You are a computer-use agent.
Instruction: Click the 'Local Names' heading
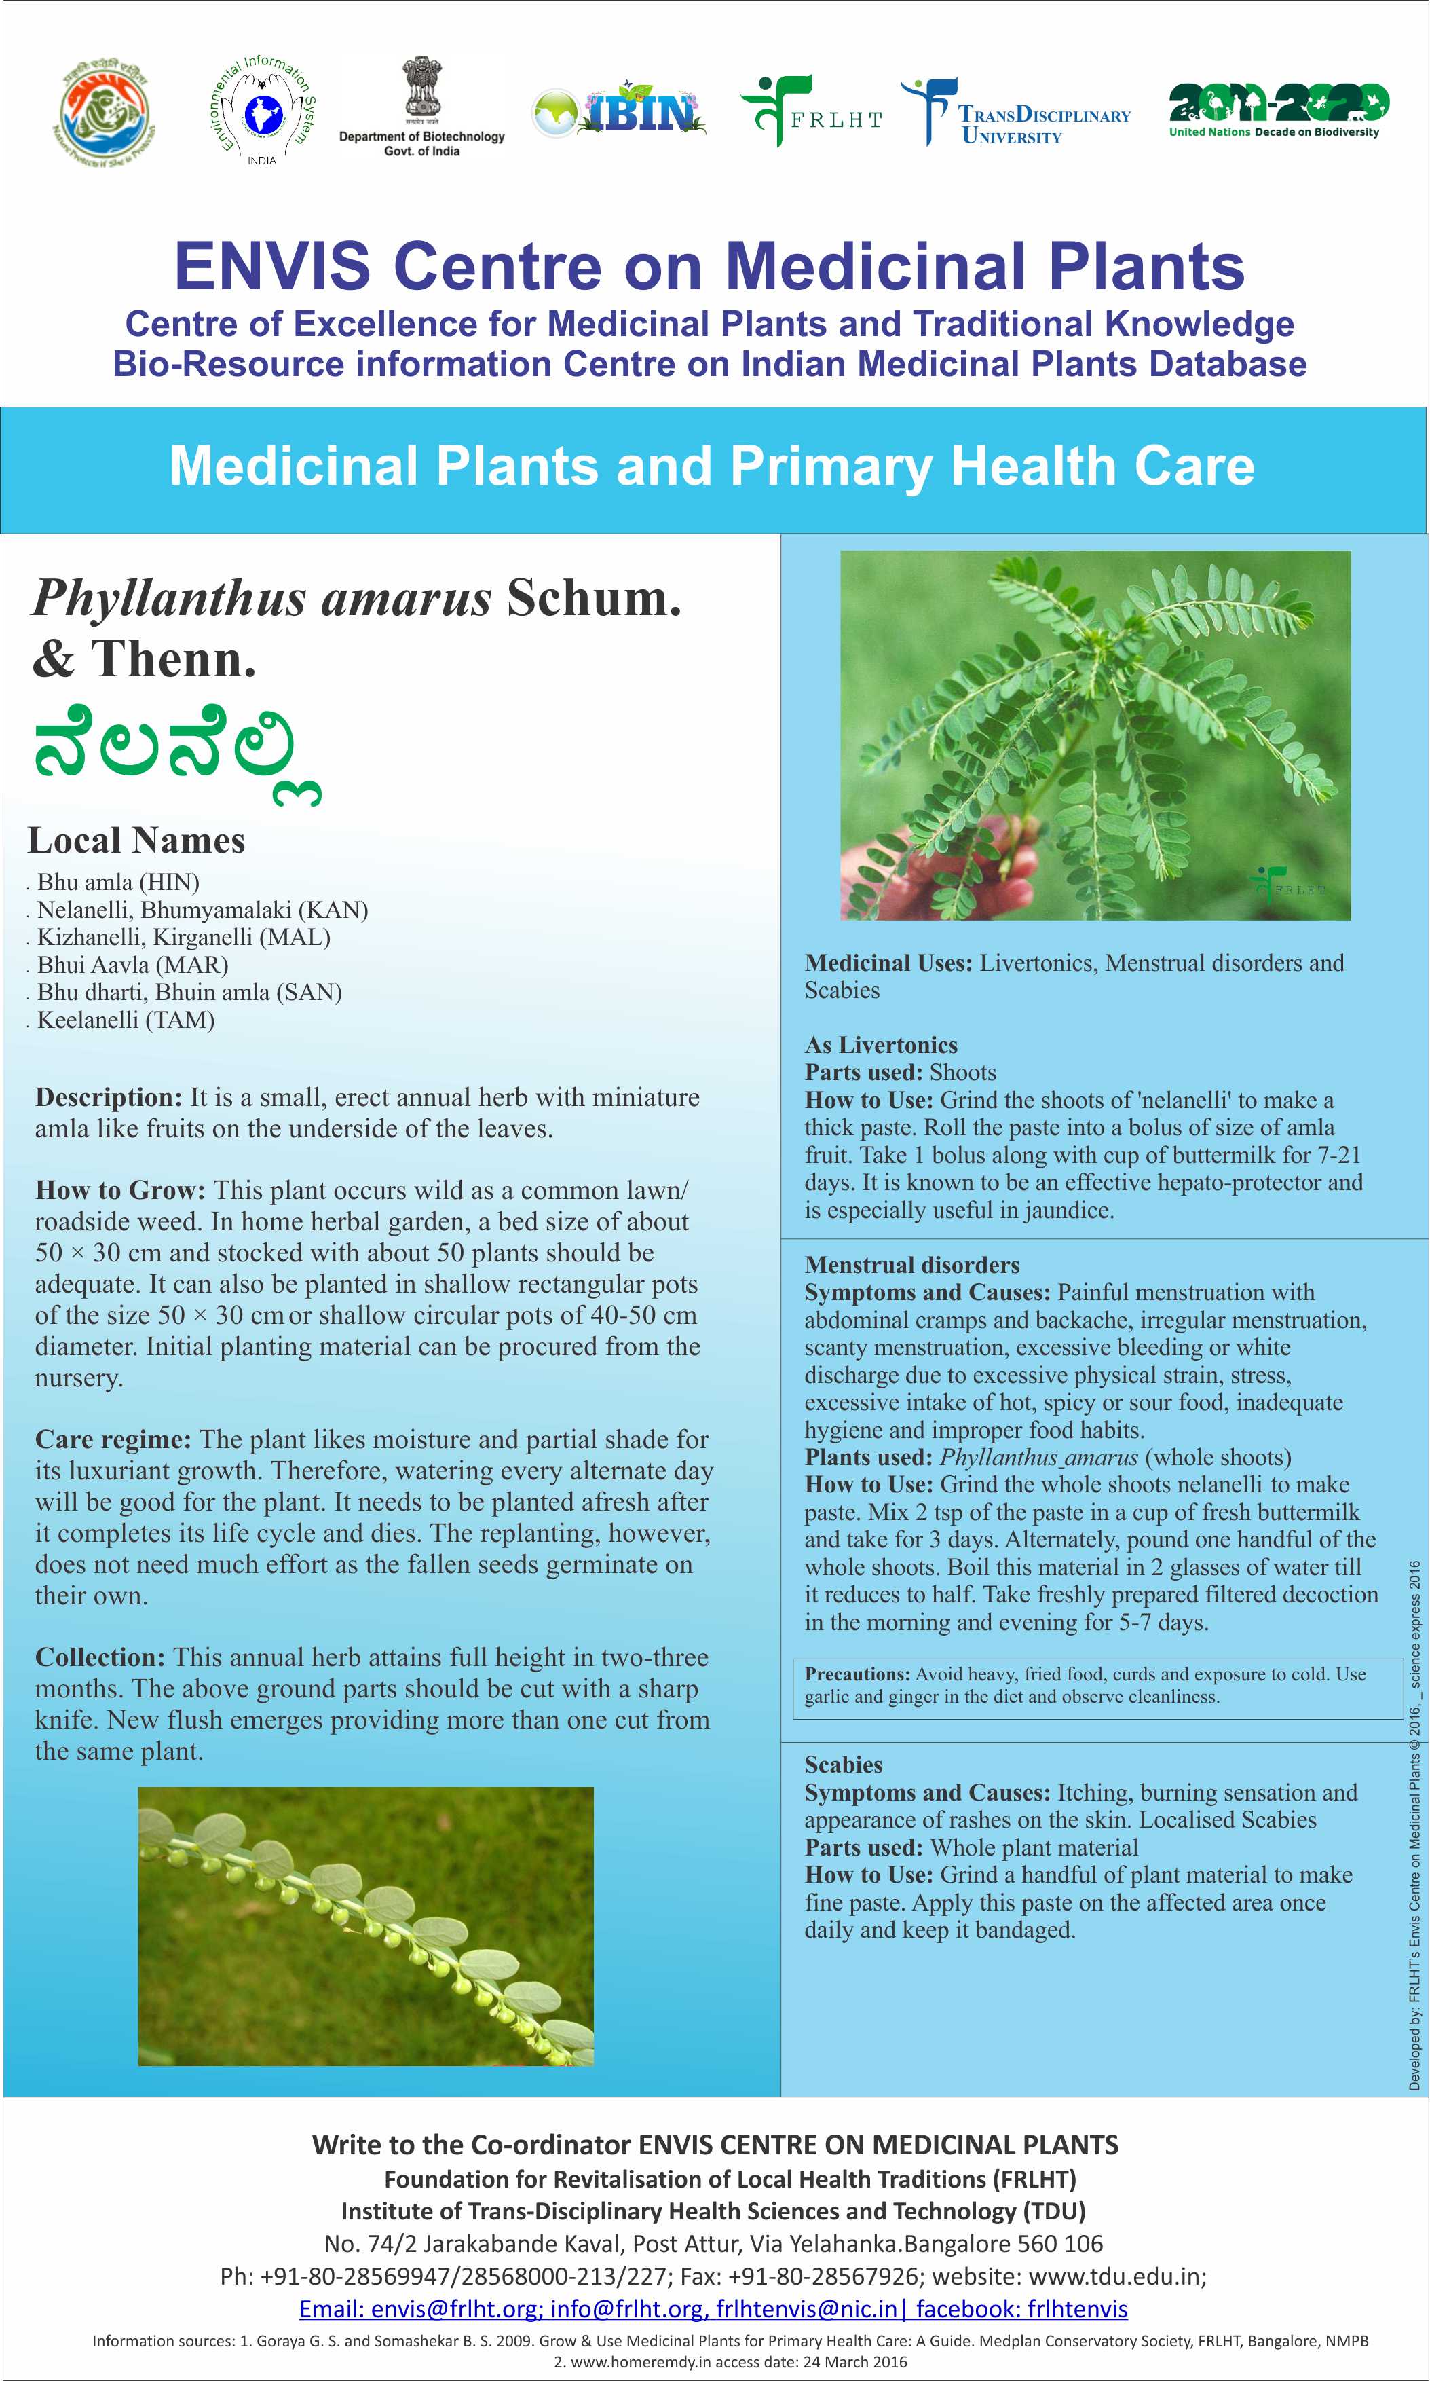(137, 841)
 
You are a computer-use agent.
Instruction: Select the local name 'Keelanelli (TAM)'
(126, 1020)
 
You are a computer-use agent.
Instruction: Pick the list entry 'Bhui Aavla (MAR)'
(132, 965)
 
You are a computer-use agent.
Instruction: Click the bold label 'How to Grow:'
(120, 1191)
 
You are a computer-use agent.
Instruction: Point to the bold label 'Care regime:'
(114, 1439)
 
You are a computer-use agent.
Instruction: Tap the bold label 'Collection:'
(101, 1657)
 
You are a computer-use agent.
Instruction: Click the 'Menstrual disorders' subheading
(911, 1265)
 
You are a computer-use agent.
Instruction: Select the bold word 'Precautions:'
(857, 1674)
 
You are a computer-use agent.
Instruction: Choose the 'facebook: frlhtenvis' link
(1021, 2309)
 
